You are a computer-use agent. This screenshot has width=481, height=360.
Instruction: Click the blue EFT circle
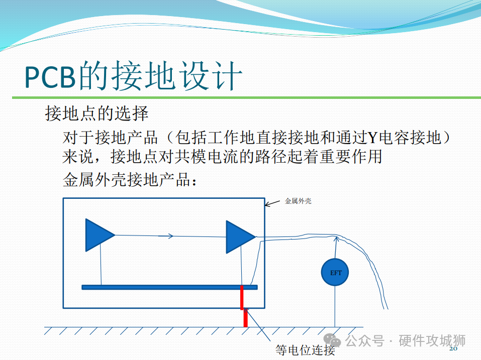(335, 272)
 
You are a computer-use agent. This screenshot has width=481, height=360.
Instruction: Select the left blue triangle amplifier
(98, 235)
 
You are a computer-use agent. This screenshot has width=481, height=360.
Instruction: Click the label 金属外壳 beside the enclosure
(298, 201)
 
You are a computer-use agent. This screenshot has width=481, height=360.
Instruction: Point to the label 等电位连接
(305, 350)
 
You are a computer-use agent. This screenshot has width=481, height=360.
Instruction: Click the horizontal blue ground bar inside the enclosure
(170, 287)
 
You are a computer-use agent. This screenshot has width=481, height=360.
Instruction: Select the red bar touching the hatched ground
(245, 318)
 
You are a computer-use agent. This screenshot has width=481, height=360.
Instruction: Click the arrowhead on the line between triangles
(170, 236)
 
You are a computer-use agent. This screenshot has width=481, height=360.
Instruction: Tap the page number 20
(453, 348)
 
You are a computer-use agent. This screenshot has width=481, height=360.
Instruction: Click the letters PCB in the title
(50, 77)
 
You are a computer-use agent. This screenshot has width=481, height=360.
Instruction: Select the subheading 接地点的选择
(97, 113)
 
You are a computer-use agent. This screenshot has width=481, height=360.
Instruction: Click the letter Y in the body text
(372, 138)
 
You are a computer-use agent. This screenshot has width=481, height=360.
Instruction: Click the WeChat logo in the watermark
(332, 340)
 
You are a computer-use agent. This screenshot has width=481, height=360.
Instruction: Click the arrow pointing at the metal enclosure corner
(272, 203)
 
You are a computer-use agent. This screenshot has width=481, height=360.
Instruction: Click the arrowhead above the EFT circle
(337, 239)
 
